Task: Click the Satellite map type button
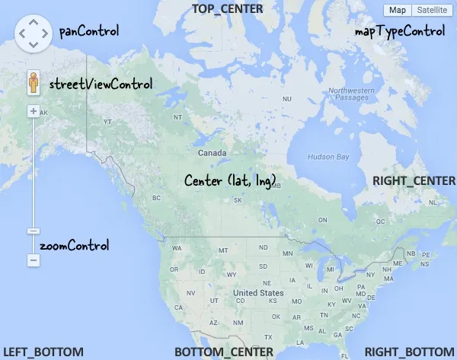click(431, 10)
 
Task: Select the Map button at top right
click(397, 10)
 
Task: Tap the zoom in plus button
click(33, 111)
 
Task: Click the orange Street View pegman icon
click(33, 83)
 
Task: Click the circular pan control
click(33, 33)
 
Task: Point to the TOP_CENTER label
click(227, 9)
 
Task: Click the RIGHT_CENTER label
click(414, 180)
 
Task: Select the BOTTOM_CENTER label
click(223, 352)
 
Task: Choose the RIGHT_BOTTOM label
click(410, 352)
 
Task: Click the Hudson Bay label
click(328, 157)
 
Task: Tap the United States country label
click(258, 293)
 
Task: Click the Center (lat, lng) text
click(230, 180)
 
